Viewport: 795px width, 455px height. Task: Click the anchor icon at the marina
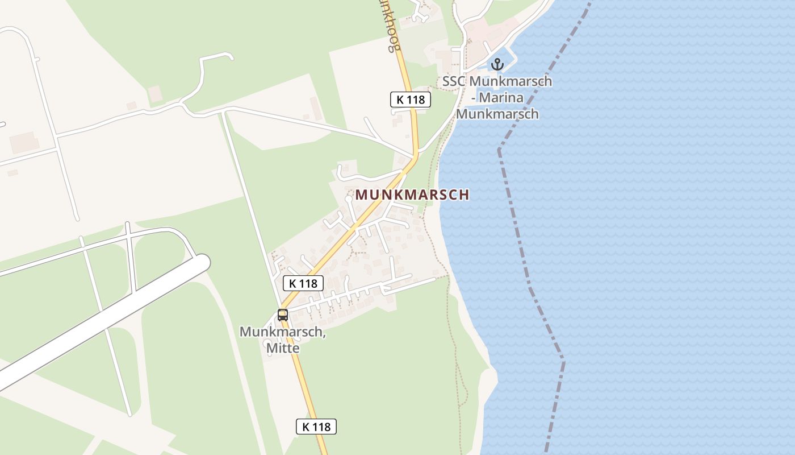(x=497, y=64)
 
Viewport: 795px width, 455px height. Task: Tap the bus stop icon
(x=282, y=315)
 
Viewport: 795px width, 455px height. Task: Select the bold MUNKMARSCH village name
(x=412, y=195)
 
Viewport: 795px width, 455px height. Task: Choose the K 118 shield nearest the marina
(x=411, y=100)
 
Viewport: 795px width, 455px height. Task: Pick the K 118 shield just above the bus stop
(x=303, y=283)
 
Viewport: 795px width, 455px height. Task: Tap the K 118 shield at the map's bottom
(x=316, y=427)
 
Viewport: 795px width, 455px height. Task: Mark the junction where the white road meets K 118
(x=415, y=154)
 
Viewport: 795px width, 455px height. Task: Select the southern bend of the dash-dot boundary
(x=563, y=359)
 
